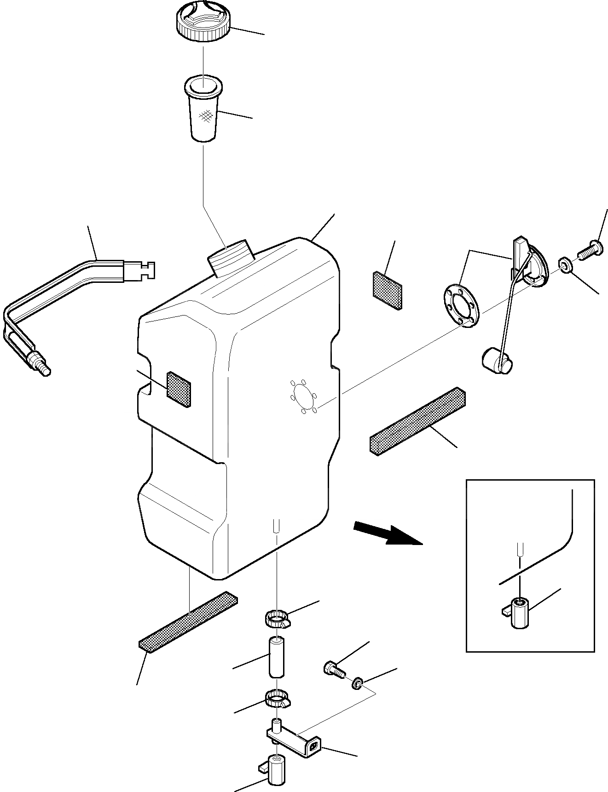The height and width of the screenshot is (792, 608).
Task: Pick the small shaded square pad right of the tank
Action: click(387, 289)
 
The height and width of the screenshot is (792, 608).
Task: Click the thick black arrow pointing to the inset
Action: click(388, 534)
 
